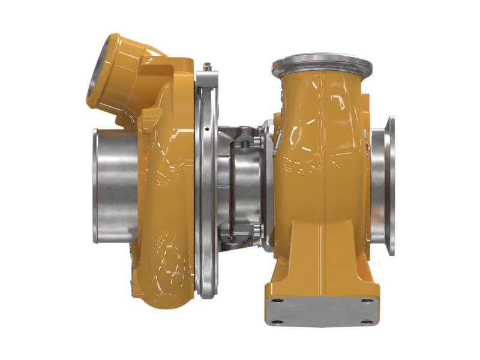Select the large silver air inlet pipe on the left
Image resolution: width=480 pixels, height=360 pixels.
(x=114, y=186)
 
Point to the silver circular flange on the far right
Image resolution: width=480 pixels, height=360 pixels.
(x=389, y=186)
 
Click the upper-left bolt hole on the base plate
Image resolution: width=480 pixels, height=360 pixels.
(x=277, y=300)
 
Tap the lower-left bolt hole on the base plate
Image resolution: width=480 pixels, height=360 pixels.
(x=275, y=322)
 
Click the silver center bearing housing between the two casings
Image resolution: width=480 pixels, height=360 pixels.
(x=240, y=186)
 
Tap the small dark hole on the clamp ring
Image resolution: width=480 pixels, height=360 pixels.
(x=206, y=129)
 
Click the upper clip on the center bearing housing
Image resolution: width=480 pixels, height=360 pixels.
(x=246, y=142)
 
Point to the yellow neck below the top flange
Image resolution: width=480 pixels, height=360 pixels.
(x=322, y=87)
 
